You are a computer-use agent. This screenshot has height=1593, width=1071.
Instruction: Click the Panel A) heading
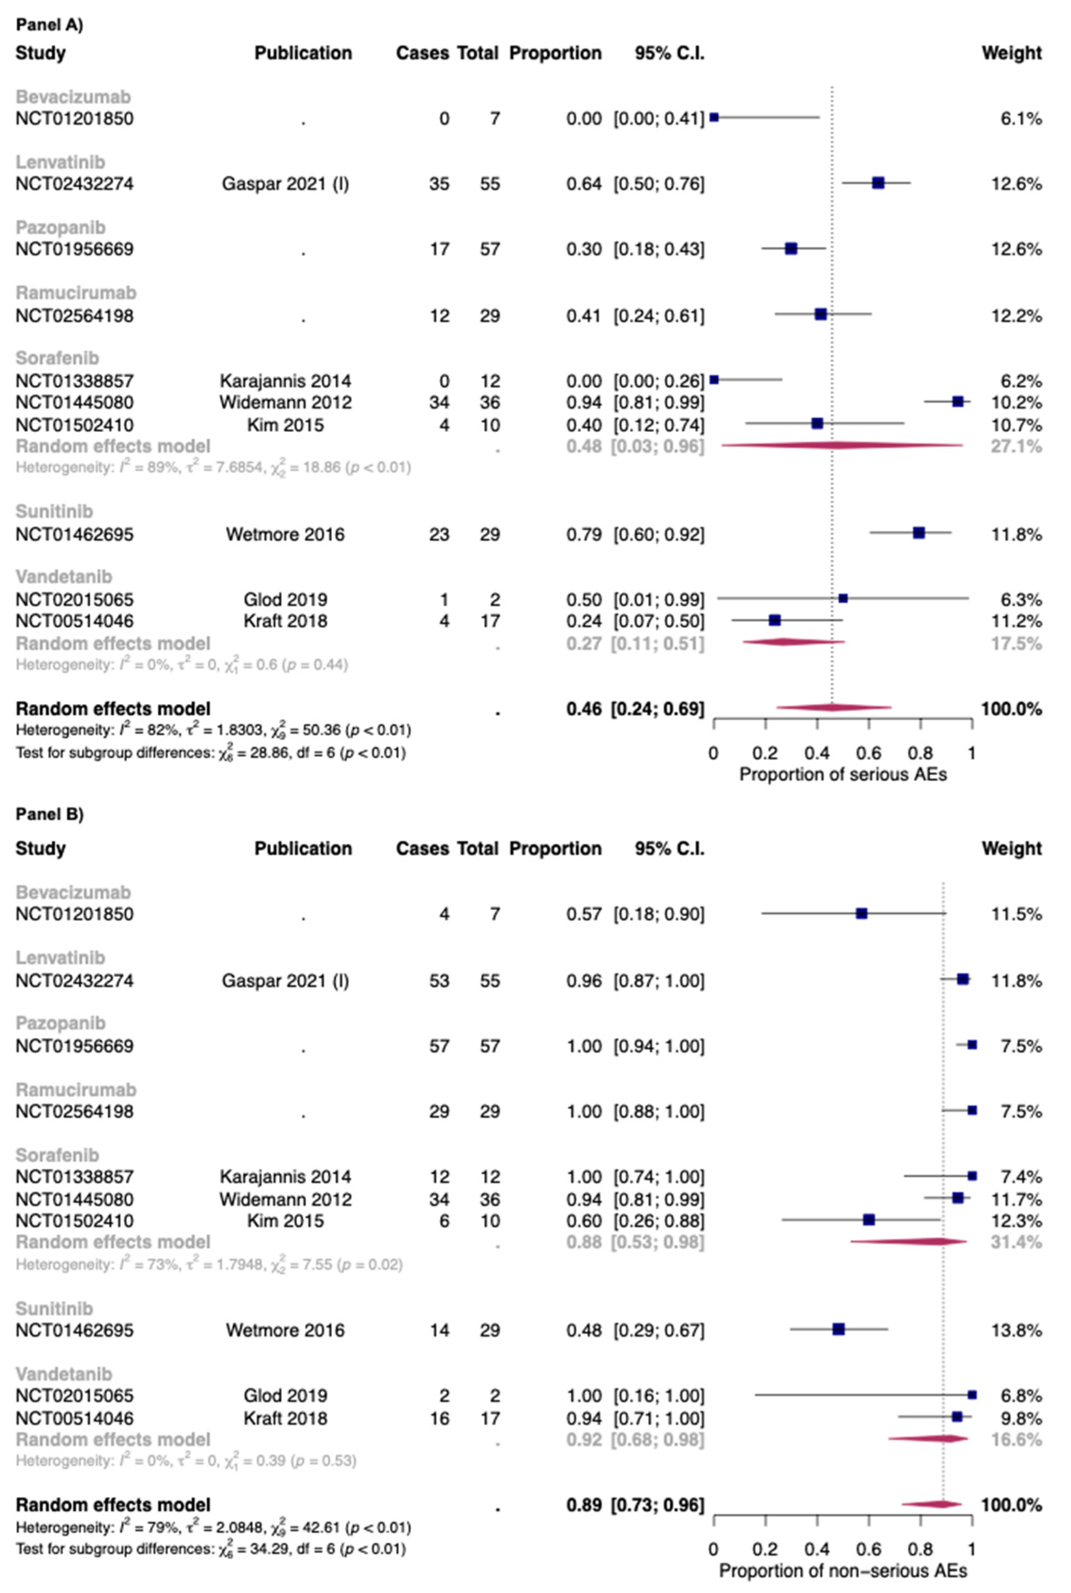(x=49, y=25)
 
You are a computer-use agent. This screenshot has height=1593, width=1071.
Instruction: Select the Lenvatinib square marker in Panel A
(x=878, y=183)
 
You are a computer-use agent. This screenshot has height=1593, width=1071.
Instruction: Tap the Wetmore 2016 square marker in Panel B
(x=839, y=1329)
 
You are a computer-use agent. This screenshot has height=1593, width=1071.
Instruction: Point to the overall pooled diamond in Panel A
(x=833, y=708)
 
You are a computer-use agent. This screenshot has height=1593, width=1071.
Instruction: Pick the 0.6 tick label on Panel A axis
(x=868, y=753)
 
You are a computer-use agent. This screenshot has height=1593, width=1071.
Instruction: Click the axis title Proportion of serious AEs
(x=843, y=775)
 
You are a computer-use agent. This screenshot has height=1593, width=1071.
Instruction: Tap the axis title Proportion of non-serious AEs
(x=843, y=1571)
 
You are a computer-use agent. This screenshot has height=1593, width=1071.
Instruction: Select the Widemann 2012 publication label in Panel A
(x=286, y=402)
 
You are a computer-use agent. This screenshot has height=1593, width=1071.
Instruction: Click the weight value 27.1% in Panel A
(x=1016, y=447)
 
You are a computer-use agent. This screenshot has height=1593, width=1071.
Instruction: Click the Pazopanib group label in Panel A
(x=61, y=228)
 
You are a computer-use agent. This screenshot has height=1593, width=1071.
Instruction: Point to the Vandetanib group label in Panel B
(x=64, y=1374)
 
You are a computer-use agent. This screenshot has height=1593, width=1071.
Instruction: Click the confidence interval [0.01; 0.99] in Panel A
(x=659, y=600)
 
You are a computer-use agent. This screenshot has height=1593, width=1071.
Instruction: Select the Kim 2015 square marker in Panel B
(x=869, y=1220)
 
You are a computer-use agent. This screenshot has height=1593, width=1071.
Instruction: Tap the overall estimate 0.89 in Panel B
(x=583, y=1505)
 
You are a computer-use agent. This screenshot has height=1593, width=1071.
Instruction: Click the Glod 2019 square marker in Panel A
(x=843, y=598)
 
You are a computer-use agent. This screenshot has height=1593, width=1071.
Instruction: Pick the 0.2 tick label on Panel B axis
(x=765, y=1549)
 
